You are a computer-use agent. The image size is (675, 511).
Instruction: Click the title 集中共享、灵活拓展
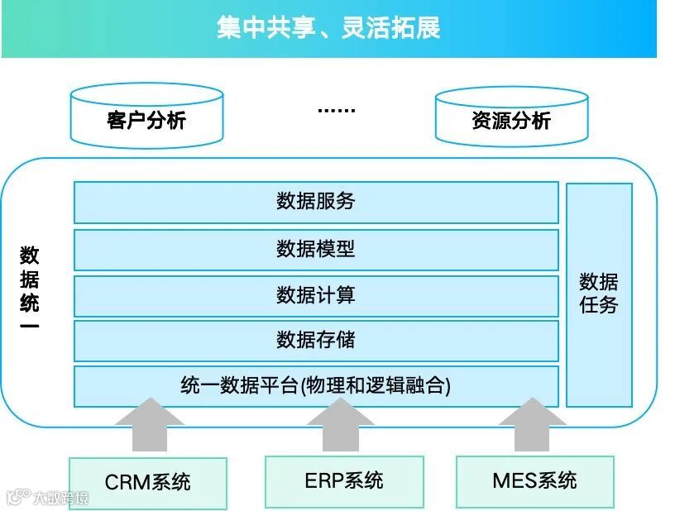(x=328, y=27)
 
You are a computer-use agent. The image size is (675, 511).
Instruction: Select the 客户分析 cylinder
(x=146, y=120)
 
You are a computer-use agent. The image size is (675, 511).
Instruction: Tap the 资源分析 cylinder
(x=511, y=120)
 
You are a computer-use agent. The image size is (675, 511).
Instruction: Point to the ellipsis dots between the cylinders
(x=336, y=109)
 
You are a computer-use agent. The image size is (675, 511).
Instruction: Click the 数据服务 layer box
(x=316, y=202)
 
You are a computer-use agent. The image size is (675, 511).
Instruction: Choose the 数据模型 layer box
(x=316, y=249)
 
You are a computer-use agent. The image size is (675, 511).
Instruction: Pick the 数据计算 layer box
(x=316, y=295)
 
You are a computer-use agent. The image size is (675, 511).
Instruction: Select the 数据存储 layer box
(x=316, y=340)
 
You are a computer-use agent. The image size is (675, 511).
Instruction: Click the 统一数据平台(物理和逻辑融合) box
(x=316, y=386)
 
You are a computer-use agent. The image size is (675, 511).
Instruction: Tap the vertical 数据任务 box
(x=599, y=294)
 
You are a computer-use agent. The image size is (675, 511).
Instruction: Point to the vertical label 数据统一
(x=30, y=290)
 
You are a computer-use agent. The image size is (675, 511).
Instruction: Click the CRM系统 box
(x=148, y=482)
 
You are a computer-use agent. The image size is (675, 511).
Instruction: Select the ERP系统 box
(x=343, y=480)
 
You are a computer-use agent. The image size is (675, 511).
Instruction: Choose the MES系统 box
(x=534, y=480)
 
